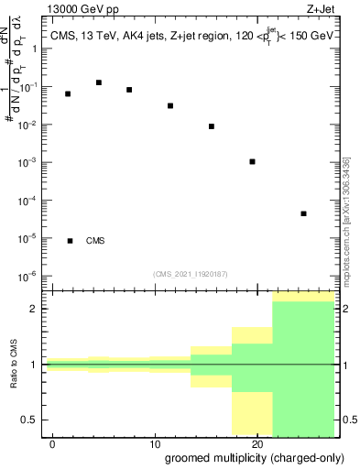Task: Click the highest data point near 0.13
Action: pyautogui.click(x=99, y=82)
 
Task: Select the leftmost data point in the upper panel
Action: pyautogui.click(x=68, y=93)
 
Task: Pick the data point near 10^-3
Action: pyautogui.click(x=252, y=161)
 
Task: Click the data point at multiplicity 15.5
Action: pyautogui.click(x=212, y=126)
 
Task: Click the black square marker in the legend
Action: pyautogui.click(x=70, y=241)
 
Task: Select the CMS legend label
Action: pyautogui.click(x=95, y=241)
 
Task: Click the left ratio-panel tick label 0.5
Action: pyautogui.click(x=30, y=420)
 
